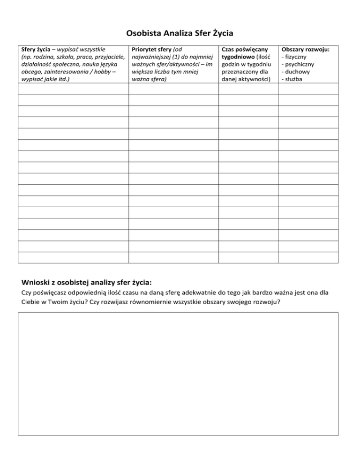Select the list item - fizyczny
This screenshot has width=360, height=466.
[x=294, y=56]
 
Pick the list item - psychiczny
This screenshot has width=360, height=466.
[x=297, y=64]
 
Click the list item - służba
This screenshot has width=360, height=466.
[x=292, y=80]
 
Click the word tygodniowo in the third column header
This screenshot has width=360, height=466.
[x=238, y=56]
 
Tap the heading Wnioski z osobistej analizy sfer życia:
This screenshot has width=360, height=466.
[x=87, y=282]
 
